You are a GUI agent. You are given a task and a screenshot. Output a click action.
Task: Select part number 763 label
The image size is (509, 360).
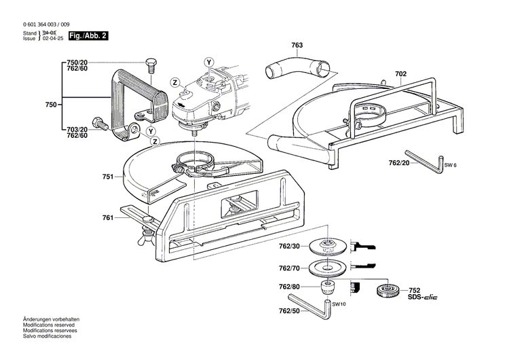pos(297,46)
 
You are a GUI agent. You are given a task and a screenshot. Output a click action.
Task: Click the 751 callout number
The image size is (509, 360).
pos(107,177)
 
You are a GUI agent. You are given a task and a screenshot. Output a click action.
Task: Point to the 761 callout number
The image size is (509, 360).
pos(107,217)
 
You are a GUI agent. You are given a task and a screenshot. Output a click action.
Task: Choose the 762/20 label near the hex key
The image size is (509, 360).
pos(390,162)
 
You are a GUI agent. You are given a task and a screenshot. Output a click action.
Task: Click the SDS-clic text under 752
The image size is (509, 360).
pos(426,298)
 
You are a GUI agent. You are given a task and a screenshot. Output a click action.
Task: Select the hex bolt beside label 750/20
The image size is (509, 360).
pos(151,66)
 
